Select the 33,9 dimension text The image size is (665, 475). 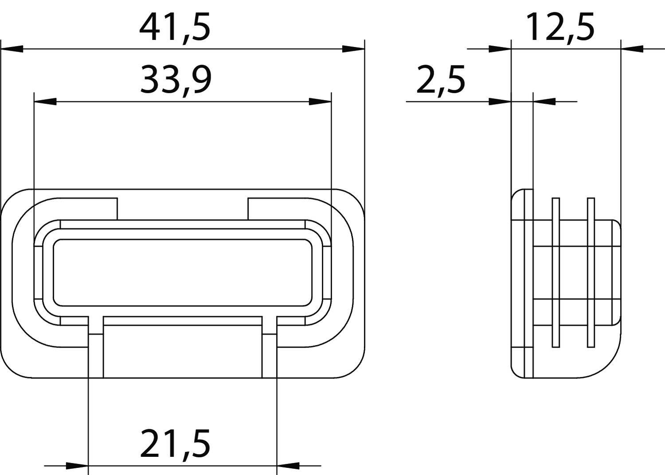176,80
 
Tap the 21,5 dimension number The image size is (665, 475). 175,443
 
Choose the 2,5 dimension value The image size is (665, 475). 441,80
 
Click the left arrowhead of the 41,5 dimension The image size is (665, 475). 12,49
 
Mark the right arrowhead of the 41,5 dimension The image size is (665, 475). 353,49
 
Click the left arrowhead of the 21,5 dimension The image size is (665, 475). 78,466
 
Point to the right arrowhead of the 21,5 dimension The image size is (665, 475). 288,466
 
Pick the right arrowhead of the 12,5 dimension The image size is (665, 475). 632,49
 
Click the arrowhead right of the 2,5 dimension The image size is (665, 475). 544,102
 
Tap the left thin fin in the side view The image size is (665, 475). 555,273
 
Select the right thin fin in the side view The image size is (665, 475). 591,273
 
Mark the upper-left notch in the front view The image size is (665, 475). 89,208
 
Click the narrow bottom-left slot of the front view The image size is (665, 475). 96,355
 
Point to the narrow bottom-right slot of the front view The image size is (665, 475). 270,355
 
